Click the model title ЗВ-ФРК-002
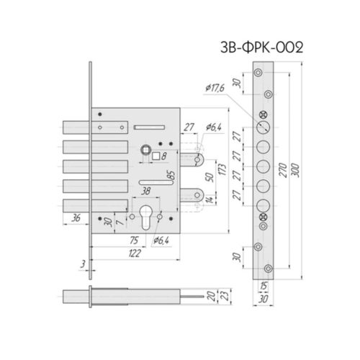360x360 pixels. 261,48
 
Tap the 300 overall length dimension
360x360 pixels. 296,170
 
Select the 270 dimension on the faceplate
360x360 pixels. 284,170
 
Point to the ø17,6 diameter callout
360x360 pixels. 215,88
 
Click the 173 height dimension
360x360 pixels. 222,169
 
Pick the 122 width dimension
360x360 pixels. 135,253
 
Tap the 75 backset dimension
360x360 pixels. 134,240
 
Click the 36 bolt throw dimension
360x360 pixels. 76,218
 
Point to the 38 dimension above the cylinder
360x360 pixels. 145,191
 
